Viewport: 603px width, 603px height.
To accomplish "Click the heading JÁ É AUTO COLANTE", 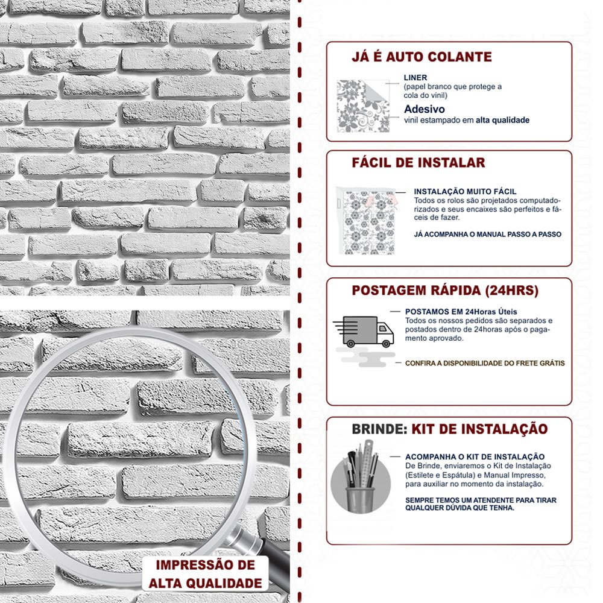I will [x=421, y=57].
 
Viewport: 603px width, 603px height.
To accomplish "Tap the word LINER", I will [x=415, y=78].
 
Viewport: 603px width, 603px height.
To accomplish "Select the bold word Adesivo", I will [x=425, y=109].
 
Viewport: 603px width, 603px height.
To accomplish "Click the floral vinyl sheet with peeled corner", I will [x=363, y=105].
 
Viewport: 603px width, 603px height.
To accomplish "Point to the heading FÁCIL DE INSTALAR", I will [x=418, y=163].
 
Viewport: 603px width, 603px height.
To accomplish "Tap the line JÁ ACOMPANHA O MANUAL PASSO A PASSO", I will [x=487, y=234].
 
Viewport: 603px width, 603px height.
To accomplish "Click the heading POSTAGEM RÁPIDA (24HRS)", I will [x=444, y=291].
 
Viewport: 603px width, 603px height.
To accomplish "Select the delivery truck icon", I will [x=365, y=332].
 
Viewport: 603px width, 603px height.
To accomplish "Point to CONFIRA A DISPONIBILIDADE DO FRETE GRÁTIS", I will [x=485, y=363].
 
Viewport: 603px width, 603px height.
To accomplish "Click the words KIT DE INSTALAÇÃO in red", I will [x=479, y=429].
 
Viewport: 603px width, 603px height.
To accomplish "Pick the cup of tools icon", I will [x=361, y=478].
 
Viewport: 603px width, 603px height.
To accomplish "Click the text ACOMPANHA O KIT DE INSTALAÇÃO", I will [x=475, y=457].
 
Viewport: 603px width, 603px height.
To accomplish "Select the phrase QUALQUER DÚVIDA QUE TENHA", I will [x=459, y=508].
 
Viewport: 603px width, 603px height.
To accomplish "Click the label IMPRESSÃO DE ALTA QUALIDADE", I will [x=206, y=574].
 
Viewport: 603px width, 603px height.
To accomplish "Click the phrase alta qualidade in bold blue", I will [x=502, y=120].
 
